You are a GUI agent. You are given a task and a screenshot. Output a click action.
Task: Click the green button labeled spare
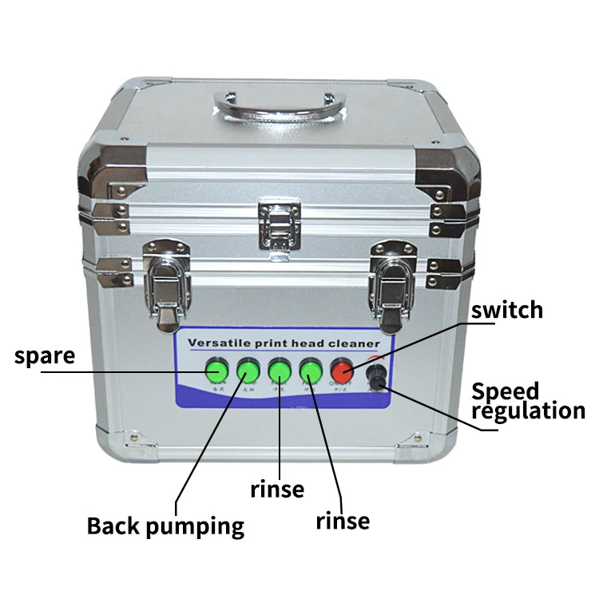[x=216, y=371]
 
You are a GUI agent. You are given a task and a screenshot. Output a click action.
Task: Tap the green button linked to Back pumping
[x=248, y=371]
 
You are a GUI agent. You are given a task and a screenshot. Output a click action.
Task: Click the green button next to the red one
[x=311, y=371]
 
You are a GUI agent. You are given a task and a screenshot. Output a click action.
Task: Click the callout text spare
[x=45, y=355]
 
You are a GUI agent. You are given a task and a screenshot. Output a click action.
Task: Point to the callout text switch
[x=506, y=310]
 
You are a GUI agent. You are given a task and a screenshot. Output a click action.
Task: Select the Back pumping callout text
[x=165, y=526]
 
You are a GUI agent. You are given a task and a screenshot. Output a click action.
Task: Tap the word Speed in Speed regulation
[x=505, y=391]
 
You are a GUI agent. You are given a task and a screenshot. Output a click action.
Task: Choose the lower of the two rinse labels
[x=343, y=522]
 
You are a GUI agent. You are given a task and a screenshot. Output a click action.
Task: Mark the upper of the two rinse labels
[x=277, y=488]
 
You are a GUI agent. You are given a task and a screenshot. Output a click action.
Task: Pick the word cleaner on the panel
[x=365, y=343]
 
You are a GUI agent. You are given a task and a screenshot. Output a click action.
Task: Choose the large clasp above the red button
[x=393, y=285]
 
